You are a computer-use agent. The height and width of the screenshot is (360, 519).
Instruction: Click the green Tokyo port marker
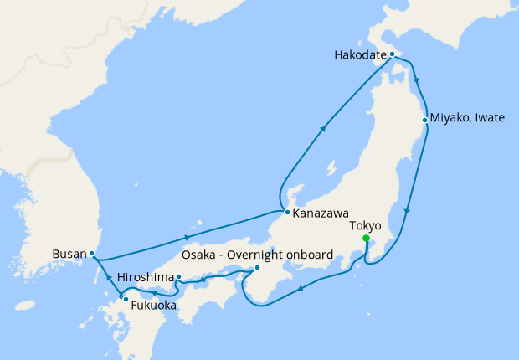366,239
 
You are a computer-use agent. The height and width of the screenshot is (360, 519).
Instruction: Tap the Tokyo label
364,225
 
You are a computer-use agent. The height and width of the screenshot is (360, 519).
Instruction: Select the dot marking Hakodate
392,54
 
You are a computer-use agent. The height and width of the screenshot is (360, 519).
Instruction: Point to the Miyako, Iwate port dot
425,120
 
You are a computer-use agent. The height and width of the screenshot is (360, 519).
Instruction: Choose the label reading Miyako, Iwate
469,118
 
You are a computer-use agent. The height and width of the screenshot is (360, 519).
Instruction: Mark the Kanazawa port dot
286,212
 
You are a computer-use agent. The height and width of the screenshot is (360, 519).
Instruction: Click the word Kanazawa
321,213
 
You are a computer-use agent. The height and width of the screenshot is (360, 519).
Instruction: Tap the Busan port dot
91,253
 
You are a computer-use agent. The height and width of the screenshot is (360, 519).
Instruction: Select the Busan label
69,253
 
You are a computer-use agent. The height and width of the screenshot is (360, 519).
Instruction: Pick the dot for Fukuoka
125,298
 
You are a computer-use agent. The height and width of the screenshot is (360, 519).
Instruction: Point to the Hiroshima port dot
178,276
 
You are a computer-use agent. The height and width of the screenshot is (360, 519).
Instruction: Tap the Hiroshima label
146,276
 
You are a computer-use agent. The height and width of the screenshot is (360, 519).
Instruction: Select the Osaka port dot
256,268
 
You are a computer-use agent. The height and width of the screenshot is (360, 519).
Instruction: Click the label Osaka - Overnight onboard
258,254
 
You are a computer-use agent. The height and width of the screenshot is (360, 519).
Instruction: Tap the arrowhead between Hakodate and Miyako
416,83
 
